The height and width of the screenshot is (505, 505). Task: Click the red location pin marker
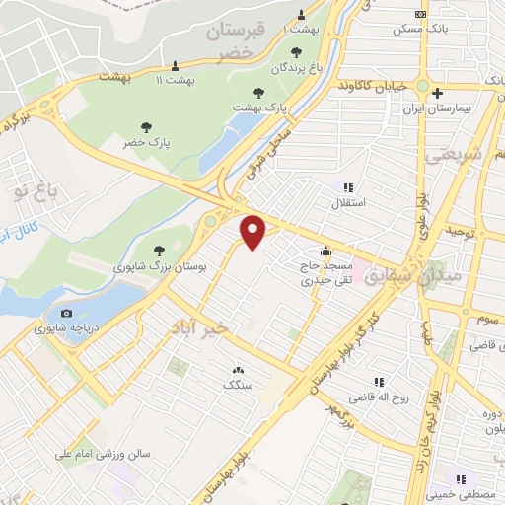[x=254, y=231]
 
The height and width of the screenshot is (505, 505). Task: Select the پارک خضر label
[x=147, y=144]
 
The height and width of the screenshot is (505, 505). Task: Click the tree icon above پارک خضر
[x=147, y=126]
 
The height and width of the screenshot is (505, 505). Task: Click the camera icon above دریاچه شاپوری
[x=66, y=315]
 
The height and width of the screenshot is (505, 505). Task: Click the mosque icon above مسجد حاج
[x=325, y=250]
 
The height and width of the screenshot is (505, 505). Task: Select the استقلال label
[x=346, y=204]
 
